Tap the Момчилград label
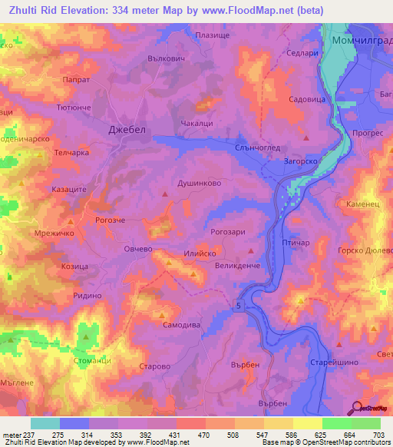(361, 39)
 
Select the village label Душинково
(200, 184)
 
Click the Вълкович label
(167, 57)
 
